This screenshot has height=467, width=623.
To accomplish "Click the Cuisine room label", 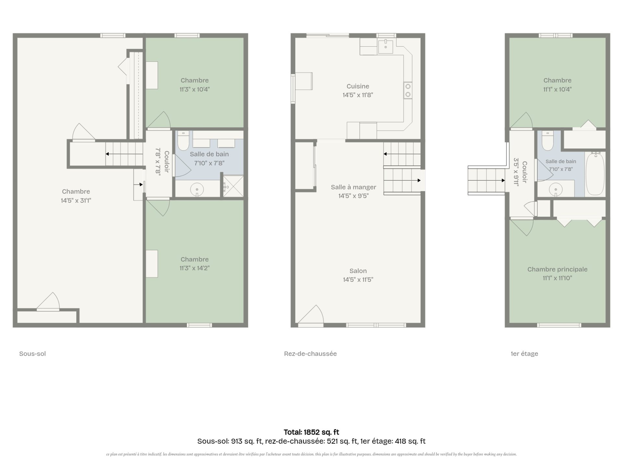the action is (x=358, y=86).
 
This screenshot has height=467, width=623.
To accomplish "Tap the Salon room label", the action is (x=358, y=271).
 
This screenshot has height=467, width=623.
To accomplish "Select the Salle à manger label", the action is (x=353, y=187).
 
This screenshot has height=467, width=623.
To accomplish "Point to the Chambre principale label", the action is (x=557, y=269).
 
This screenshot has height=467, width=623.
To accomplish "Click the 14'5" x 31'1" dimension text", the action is (x=76, y=200).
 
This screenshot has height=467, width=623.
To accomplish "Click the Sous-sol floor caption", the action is (x=32, y=353).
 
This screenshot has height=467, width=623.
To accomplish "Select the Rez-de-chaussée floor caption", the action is (x=310, y=353).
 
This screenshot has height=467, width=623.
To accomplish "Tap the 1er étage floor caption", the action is (x=524, y=353).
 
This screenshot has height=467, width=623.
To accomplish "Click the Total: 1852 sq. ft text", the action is (x=311, y=432).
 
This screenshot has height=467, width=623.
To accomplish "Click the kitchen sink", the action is (x=385, y=47).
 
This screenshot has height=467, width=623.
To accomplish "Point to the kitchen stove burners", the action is (x=408, y=90).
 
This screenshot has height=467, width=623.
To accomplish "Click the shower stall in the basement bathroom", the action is (x=233, y=186).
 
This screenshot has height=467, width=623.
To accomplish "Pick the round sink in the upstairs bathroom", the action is (x=556, y=189).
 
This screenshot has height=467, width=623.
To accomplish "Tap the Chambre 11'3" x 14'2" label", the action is (x=195, y=264).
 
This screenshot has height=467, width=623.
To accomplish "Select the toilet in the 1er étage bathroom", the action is (x=548, y=141).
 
